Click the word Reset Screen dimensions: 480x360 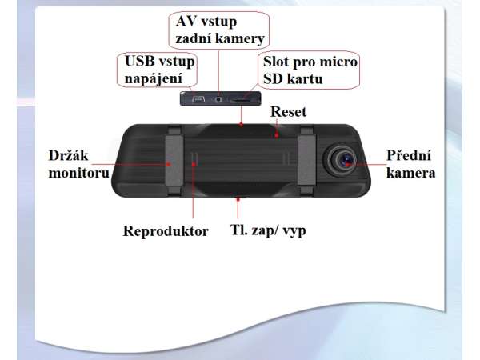(x=288, y=112)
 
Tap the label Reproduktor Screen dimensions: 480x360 (x=166, y=231)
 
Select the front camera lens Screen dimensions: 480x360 (x=343, y=160)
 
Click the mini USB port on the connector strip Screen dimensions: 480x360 (x=198, y=99)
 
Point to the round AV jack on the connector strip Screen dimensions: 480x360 (x=218, y=99)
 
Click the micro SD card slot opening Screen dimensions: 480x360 (x=241, y=100)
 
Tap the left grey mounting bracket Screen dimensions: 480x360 (x=174, y=161)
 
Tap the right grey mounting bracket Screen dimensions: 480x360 (x=307, y=161)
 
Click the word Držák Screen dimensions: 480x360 (x=68, y=155)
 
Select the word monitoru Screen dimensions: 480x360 (x=79, y=173)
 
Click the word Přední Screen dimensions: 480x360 (x=409, y=155)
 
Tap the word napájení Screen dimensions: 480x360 (x=154, y=79)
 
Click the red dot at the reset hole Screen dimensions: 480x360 (x=277, y=134)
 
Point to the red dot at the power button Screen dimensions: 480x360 (x=238, y=199)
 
